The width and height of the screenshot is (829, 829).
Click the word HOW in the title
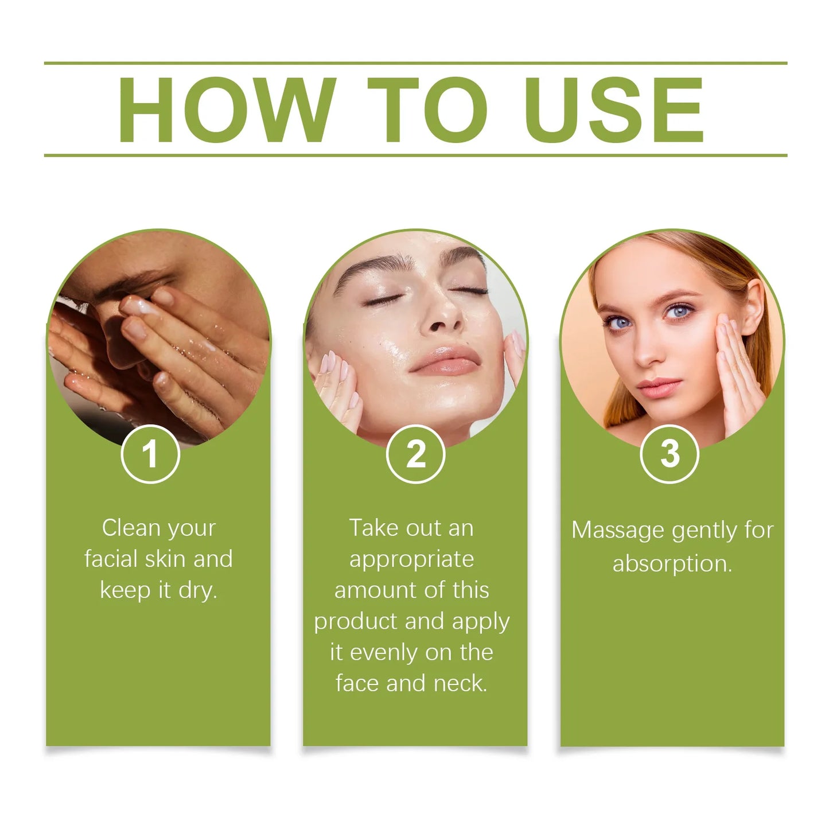(x=226, y=110)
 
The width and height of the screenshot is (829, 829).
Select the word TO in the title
(x=427, y=110)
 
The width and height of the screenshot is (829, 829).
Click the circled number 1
(x=150, y=454)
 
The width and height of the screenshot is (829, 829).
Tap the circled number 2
(x=415, y=454)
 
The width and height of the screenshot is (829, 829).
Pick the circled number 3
(x=669, y=454)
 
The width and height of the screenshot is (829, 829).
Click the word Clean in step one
(x=130, y=528)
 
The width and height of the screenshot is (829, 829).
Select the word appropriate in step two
(x=411, y=559)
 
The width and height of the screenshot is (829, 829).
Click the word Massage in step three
(x=617, y=531)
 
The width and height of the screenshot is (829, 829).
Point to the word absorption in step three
(x=671, y=564)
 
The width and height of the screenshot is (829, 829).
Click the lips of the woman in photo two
(x=445, y=361)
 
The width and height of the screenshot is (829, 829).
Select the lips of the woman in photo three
(x=658, y=388)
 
